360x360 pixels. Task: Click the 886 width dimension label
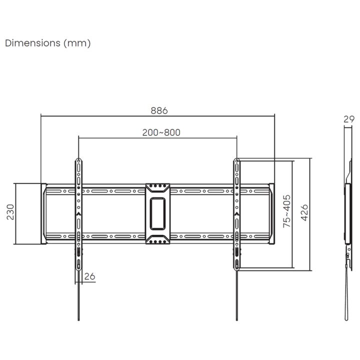(159, 110)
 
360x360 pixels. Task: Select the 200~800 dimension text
(161, 132)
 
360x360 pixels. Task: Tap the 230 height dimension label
(10, 212)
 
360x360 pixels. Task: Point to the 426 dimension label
(304, 212)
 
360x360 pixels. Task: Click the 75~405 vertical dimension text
(287, 211)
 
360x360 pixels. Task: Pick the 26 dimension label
(89, 276)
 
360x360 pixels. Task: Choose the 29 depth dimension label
(349, 119)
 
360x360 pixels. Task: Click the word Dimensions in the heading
(32, 43)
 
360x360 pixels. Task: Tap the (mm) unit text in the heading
(77, 43)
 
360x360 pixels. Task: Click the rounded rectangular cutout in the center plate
(157, 214)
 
